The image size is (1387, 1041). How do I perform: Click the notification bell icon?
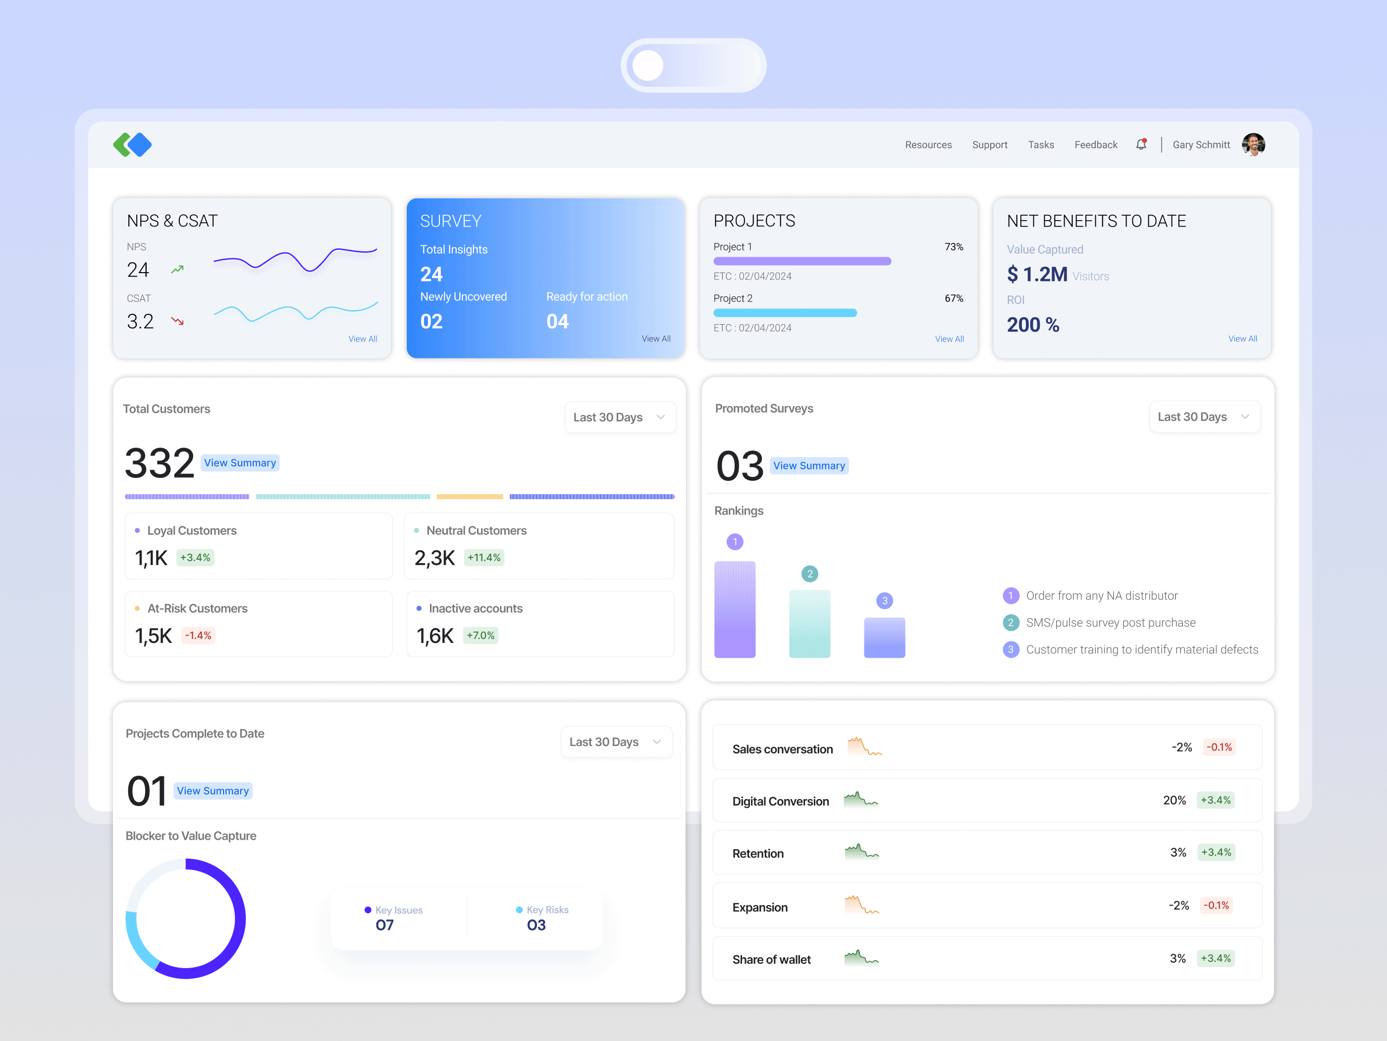1141,144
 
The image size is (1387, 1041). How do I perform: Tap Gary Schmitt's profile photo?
1253,144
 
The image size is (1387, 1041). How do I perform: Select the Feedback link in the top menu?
1095,145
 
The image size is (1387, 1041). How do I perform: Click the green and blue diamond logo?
132,145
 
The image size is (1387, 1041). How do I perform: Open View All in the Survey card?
656,339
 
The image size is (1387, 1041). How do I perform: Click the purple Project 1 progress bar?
802,261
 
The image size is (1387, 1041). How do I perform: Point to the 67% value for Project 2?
954,298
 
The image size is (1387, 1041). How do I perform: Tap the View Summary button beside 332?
240,463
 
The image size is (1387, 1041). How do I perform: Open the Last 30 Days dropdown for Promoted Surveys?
1204,417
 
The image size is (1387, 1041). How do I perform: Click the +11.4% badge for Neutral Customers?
484,558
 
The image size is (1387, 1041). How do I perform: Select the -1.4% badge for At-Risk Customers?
198,636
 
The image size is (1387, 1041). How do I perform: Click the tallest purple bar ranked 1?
735,609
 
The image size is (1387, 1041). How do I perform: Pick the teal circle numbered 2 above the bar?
809,574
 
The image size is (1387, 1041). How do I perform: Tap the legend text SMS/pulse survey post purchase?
1111,623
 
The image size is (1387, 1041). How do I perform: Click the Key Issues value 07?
384,925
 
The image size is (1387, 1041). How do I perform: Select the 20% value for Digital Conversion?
1174,800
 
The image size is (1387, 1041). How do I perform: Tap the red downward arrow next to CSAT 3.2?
178,321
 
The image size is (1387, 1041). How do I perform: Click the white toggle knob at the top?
648,66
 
